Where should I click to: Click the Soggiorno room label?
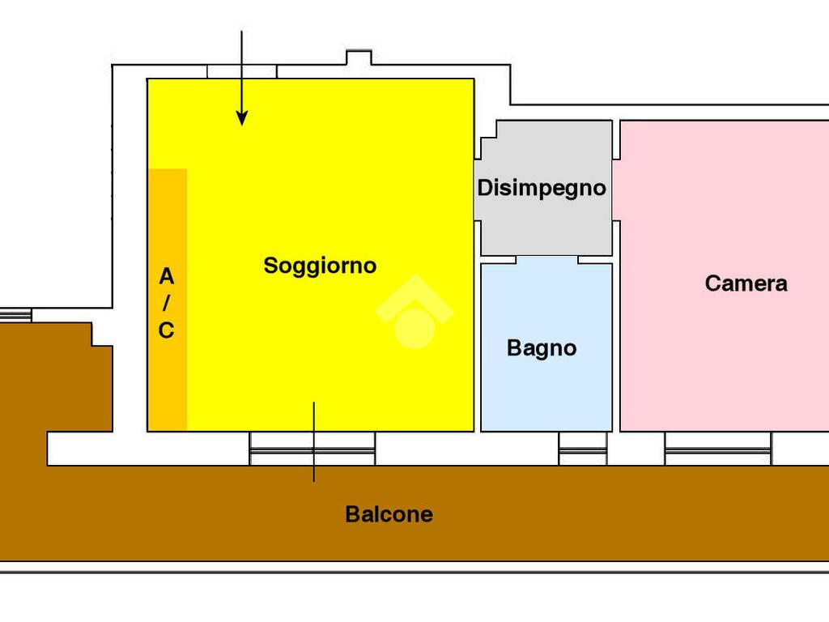point(320,266)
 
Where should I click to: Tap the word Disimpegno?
point(542,188)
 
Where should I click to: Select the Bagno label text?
point(542,348)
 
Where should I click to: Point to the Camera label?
point(746,283)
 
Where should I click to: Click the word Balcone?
point(389,514)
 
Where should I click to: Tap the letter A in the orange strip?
point(166,277)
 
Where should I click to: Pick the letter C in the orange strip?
point(166,330)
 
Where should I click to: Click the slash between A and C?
point(166,304)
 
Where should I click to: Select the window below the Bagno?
point(583,449)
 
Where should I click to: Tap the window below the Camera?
point(717,449)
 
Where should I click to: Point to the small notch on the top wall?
point(358,58)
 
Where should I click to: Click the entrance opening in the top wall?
point(242,72)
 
